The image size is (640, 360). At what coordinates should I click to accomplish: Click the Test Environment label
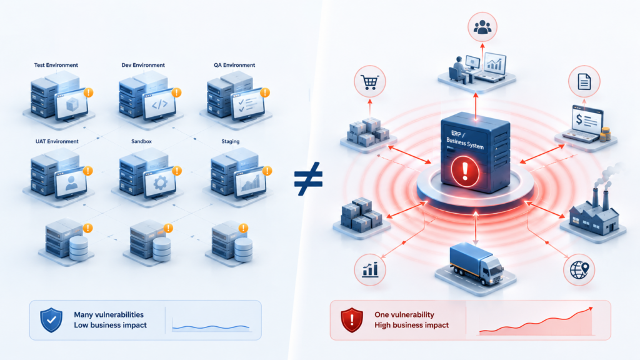tap(56, 65)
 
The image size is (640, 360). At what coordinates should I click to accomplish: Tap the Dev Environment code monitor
tap(159, 104)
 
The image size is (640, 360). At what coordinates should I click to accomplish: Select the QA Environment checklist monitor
tap(247, 104)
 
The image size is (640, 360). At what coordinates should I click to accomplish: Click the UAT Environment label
tap(57, 141)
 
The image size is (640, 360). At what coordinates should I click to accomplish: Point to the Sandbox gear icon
tap(160, 183)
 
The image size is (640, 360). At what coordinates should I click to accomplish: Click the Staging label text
tap(230, 141)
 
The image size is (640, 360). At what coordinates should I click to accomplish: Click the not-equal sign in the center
tap(309, 179)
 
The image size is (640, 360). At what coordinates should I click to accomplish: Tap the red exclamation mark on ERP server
tap(464, 171)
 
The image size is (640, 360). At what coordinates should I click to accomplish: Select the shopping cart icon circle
tap(370, 82)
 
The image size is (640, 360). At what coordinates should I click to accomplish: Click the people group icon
tap(482, 27)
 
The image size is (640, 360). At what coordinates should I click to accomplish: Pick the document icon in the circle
tap(584, 82)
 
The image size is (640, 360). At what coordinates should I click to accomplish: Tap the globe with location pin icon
tap(579, 270)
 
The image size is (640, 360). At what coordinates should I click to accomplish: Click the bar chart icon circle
tap(370, 270)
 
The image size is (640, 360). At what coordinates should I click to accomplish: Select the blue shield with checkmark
tap(51, 320)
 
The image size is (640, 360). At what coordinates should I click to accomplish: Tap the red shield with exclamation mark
tap(352, 320)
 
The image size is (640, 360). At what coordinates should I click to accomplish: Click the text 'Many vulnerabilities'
tap(109, 315)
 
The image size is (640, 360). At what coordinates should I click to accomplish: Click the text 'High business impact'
tap(411, 325)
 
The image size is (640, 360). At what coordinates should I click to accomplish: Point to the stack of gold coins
tap(605, 134)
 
